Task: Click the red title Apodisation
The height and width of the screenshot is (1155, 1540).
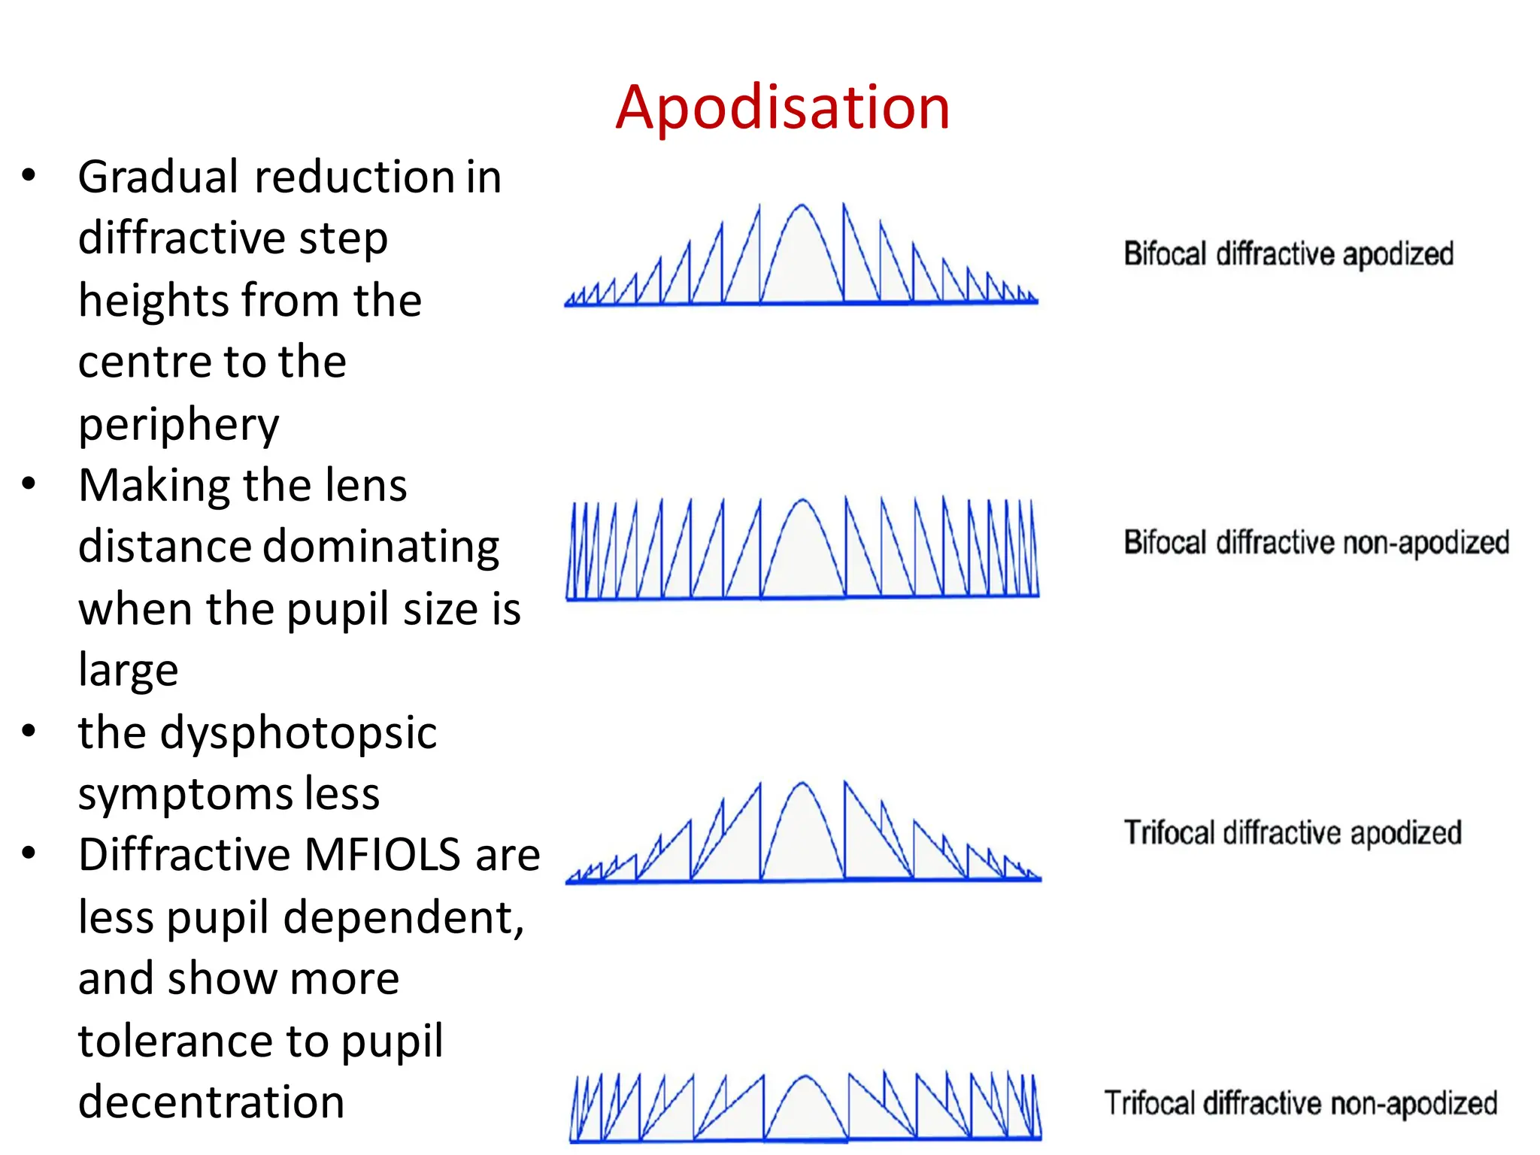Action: [x=782, y=108]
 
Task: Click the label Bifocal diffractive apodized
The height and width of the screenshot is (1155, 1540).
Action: [x=1288, y=254]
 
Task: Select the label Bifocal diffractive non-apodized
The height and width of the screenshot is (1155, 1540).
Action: [x=1316, y=542]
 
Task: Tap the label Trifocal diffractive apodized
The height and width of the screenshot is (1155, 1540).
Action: [x=1292, y=833]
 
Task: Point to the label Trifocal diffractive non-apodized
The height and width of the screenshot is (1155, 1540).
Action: [x=1300, y=1103]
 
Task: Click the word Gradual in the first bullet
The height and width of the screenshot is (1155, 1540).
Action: [x=159, y=177]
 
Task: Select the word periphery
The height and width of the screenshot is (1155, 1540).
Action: [x=178, y=425]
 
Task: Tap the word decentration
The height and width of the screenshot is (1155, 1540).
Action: [x=211, y=1102]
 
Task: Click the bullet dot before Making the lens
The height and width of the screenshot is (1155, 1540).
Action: [x=29, y=484]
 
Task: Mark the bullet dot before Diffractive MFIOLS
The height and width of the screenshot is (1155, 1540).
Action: [x=29, y=853]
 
